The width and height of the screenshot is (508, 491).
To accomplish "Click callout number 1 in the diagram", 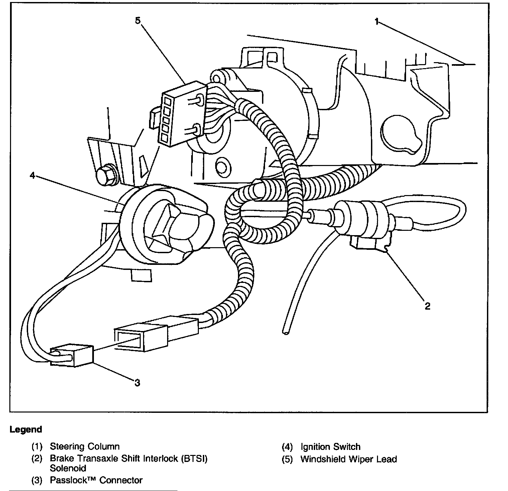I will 377,22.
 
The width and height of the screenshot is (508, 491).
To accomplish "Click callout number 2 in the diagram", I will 427,306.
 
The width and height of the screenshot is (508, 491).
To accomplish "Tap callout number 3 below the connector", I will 137,383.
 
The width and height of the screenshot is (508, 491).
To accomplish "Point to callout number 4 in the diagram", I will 32,175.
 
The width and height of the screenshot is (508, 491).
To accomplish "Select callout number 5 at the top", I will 138,20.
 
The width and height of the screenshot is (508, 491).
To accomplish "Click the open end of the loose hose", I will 286,332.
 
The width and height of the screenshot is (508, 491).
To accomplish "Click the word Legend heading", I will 26,430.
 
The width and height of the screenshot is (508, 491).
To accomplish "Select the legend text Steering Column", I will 85,447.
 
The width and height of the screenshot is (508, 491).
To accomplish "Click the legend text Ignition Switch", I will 330,447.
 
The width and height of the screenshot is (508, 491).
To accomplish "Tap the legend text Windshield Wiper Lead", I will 349,459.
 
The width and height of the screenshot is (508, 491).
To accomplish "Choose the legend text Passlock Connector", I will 96,480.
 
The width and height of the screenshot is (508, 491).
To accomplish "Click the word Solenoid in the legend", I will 68,468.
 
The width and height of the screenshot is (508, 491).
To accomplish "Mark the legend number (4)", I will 287,447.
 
